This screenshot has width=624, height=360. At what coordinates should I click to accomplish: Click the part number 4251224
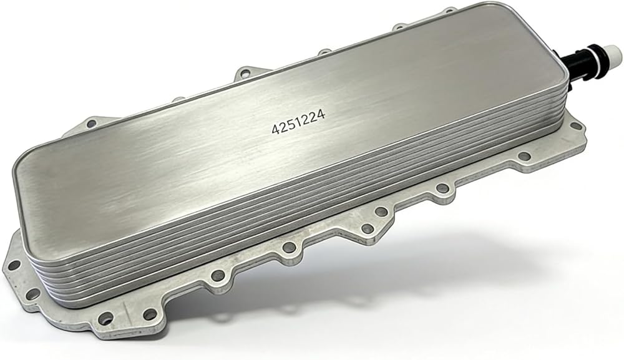tap(298, 122)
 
